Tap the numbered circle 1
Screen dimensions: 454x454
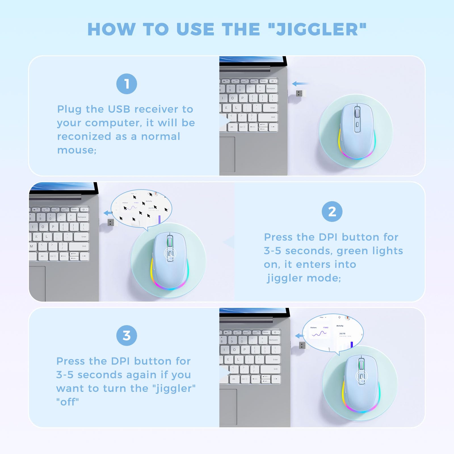127,84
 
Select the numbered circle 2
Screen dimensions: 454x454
332,212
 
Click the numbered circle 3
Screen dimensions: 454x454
127,336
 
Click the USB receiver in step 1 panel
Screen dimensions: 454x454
301,93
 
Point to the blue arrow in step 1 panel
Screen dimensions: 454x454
300,84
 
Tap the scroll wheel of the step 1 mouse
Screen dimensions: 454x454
357,114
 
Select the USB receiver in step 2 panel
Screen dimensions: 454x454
112,223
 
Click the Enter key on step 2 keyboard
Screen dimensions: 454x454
81,236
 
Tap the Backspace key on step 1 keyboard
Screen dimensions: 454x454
271,89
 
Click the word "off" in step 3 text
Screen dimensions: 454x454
68,402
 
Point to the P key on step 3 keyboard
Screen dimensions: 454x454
244,350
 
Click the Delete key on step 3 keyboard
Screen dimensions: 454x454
266,332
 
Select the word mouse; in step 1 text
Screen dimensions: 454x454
77,150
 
